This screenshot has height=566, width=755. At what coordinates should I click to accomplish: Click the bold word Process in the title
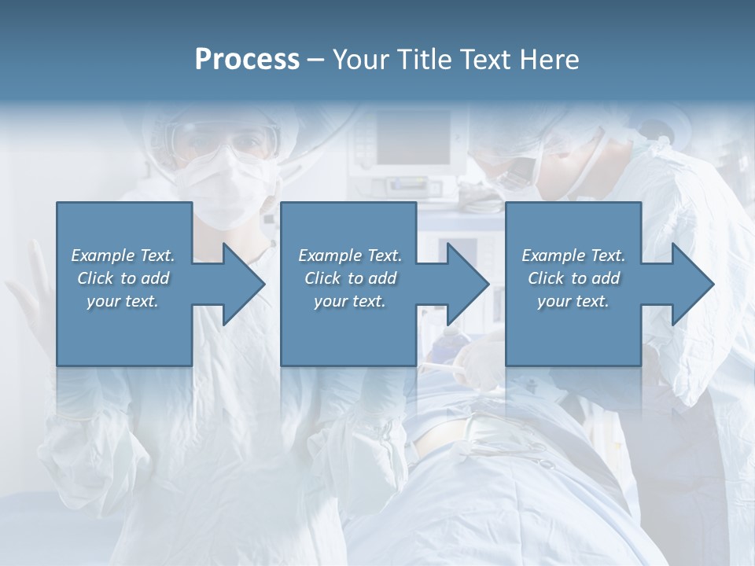(x=247, y=59)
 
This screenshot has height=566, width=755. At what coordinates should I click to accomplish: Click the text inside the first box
(x=123, y=278)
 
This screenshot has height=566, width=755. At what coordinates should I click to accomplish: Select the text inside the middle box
(x=349, y=278)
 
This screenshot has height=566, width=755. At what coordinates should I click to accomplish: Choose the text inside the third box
(x=573, y=278)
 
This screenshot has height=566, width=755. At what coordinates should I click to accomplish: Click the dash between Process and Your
(x=316, y=60)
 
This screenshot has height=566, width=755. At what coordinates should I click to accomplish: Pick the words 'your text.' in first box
(x=123, y=301)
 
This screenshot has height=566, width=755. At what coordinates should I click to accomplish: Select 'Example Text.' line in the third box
(x=573, y=255)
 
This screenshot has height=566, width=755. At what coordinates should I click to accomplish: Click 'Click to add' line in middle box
(x=349, y=278)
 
